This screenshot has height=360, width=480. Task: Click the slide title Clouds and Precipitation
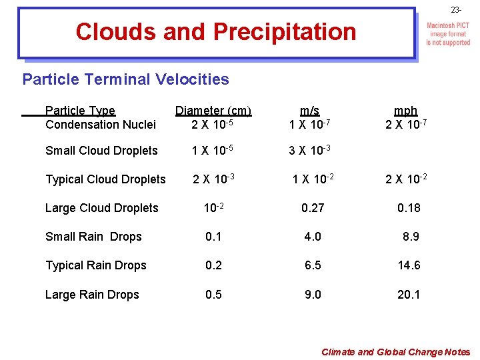coord(216,31)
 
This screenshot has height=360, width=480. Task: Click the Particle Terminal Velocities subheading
coord(125,79)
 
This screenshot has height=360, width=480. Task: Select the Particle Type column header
coord(80,111)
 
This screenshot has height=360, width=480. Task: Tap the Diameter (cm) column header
coord(213,111)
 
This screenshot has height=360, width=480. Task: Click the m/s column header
coord(309,111)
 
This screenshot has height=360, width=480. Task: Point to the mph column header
coord(405,111)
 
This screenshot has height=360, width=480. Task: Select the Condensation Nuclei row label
coord(101,125)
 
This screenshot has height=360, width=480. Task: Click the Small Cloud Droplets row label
coord(101,151)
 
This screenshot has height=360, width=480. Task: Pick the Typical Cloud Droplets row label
coord(105,179)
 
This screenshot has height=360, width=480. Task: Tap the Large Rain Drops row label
coord(92,295)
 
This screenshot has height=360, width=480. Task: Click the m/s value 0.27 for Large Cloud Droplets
coord(313,208)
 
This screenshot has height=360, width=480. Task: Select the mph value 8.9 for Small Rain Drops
coord(411,237)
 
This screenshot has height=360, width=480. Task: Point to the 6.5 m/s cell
coord(313,265)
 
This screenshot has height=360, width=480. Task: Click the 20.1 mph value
coord(409,295)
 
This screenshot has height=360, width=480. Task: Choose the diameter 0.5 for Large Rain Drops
coord(213,295)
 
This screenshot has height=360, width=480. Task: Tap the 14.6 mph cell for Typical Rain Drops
coord(409,265)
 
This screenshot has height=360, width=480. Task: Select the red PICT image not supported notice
coord(448,34)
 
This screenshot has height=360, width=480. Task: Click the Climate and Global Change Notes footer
coord(395,352)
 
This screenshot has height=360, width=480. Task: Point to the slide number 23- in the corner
coord(456,10)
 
